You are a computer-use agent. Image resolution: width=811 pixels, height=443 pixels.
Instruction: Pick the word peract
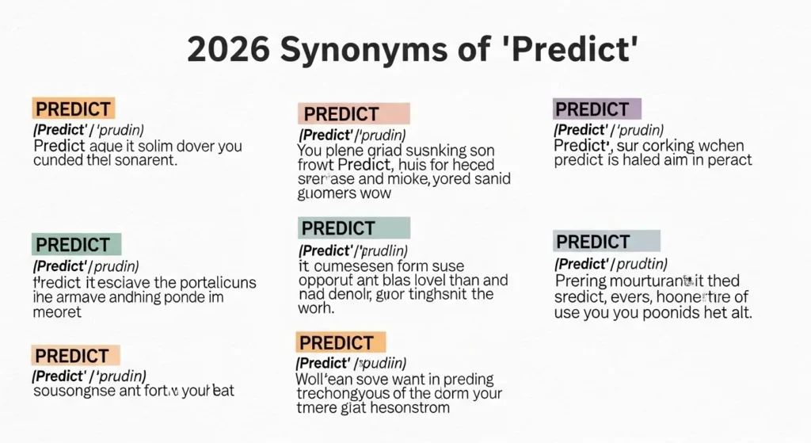click(x=727, y=160)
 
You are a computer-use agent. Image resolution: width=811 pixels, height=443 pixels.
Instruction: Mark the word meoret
click(x=57, y=312)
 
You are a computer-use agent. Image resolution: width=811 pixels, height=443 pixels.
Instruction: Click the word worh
click(x=316, y=309)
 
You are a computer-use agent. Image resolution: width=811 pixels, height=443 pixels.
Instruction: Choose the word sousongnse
click(x=72, y=391)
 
